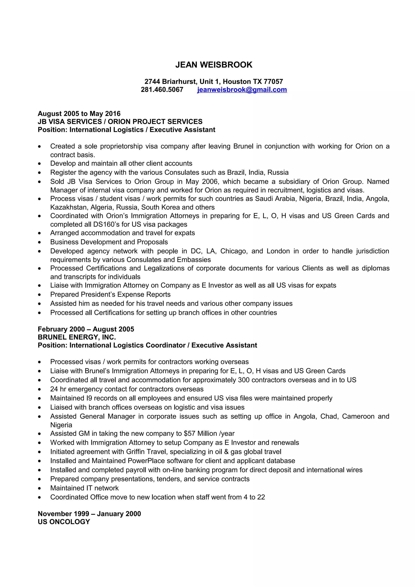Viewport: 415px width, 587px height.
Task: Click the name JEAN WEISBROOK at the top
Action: (x=214, y=65)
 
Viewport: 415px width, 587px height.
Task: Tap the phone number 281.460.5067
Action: (x=162, y=90)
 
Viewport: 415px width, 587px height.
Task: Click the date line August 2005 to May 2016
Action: (x=79, y=113)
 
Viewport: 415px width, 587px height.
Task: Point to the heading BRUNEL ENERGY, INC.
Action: (x=77, y=337)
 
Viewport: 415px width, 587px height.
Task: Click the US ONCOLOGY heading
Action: (x=64, y=522)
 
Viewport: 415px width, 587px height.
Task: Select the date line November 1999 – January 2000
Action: (x=89, y=514)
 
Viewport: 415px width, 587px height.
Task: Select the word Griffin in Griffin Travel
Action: (x=136, y=452)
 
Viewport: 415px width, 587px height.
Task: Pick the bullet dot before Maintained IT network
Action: (x=39, y=488)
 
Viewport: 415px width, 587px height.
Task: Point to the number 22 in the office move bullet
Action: (x=261, y=497)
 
